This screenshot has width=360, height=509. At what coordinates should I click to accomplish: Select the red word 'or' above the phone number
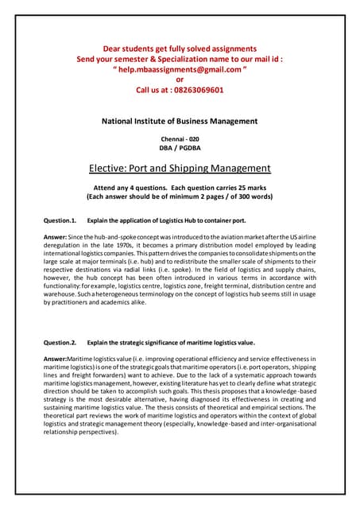(x=180, y=80)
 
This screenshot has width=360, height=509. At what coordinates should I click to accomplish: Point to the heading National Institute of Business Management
(x=180, y=121)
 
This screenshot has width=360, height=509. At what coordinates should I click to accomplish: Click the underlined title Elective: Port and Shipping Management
(x=180, y=168)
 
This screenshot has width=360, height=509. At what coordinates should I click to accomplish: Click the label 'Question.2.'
(x=60, y=343)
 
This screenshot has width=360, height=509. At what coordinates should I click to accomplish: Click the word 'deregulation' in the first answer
(x=64, y=247)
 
